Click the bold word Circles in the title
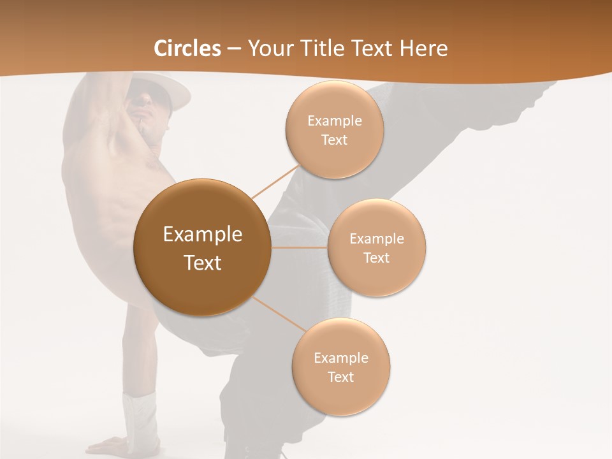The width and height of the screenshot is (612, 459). pos(187,48)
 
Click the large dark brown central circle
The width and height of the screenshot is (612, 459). pos(202,247)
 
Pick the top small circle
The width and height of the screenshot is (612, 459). pos(334,129)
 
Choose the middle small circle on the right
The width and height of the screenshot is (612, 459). pos(377,247)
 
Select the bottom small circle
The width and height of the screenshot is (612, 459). pos(341,367)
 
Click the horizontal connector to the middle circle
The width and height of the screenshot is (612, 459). pos(300,247)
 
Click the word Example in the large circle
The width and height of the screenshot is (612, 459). pos(203,235)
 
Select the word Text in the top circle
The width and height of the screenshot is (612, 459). pos(334,140)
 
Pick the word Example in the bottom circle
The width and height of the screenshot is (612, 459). pos(341,358)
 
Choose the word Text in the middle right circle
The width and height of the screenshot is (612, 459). pos(377,258)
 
